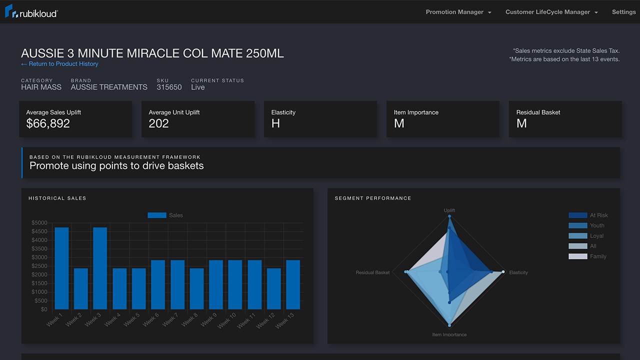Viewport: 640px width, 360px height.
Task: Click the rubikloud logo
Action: tap(31, 12)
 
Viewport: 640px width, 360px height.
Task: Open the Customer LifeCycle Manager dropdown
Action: tap(551, 12)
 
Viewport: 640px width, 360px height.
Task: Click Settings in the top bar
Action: tap(623, 12)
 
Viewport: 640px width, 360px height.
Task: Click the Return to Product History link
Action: tap(59, 64)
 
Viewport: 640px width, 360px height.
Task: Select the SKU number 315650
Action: tap(169, 87)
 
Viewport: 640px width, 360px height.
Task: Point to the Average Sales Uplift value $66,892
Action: tap(48, 123)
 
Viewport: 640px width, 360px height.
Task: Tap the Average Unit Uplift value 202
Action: tap(158, 123)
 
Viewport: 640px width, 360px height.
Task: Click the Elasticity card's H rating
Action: tap(275, 123)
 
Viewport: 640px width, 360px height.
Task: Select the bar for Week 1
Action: tap(61, 268)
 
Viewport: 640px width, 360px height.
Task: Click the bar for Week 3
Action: tap(100, 268)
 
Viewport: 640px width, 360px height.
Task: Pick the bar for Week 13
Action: tap(293, 284)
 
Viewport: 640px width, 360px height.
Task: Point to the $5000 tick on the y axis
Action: tap(39, 223)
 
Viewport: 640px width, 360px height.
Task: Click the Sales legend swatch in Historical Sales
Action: tap(156, 215)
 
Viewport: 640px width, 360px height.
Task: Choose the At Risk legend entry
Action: tap(598, 215)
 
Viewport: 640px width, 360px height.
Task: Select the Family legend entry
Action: tap(597, 256)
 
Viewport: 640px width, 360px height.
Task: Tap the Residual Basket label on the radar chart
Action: tap(372, 272)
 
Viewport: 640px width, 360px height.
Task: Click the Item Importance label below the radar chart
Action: tap(449, 334)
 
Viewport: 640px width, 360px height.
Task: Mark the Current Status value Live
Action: tap(198, 87)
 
